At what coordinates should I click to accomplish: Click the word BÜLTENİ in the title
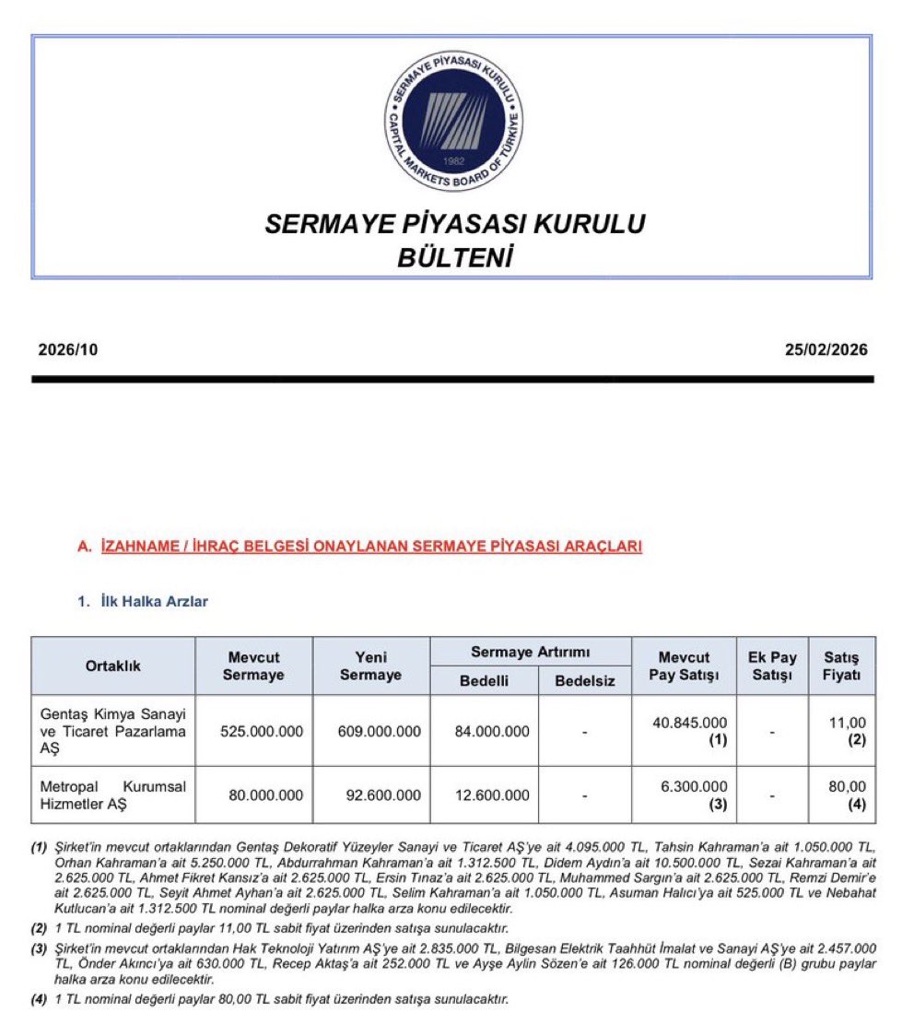tap(453, 257)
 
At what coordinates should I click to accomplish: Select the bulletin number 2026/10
tap(67, 350)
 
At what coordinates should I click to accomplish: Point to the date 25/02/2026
tap(826, 350)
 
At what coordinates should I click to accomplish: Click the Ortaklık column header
tap(113, 665)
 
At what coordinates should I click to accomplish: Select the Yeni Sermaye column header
tap(370, 665)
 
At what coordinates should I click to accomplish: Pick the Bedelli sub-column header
tap(484, 680)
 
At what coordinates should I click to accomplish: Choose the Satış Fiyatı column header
tap(841, 665)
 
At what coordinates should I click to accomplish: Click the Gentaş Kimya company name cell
tap(113, 731)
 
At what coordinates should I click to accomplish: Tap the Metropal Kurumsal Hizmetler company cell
tap(113, 794)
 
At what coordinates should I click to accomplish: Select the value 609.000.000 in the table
tap(380, 731)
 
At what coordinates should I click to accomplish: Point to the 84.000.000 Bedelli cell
tap(492, 731)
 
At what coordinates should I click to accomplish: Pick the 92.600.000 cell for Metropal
tap(380, 794)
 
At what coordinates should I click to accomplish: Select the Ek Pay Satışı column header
tap(772, 665)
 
